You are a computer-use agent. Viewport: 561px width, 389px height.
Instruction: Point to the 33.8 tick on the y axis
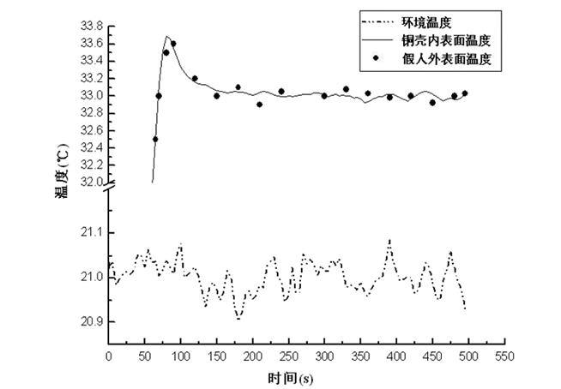(x=90, y=26)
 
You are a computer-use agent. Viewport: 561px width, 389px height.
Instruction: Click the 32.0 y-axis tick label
(x=90, y=183)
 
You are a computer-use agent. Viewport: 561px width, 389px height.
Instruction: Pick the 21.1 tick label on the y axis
(x=90, y=232)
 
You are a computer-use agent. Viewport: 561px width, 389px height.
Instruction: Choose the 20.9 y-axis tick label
(x=90, y=322)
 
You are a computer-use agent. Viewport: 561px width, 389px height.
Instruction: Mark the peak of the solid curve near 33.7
(x=168, y=36)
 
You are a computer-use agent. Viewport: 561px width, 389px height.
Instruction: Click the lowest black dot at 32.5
(x=155, y=139)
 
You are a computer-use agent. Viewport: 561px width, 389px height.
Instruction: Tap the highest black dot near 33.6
(x=173, y=44)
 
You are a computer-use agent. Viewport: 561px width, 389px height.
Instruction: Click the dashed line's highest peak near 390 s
(x=389, y=241)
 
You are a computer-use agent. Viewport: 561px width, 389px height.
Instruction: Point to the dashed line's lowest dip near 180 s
(x=238, y=319)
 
